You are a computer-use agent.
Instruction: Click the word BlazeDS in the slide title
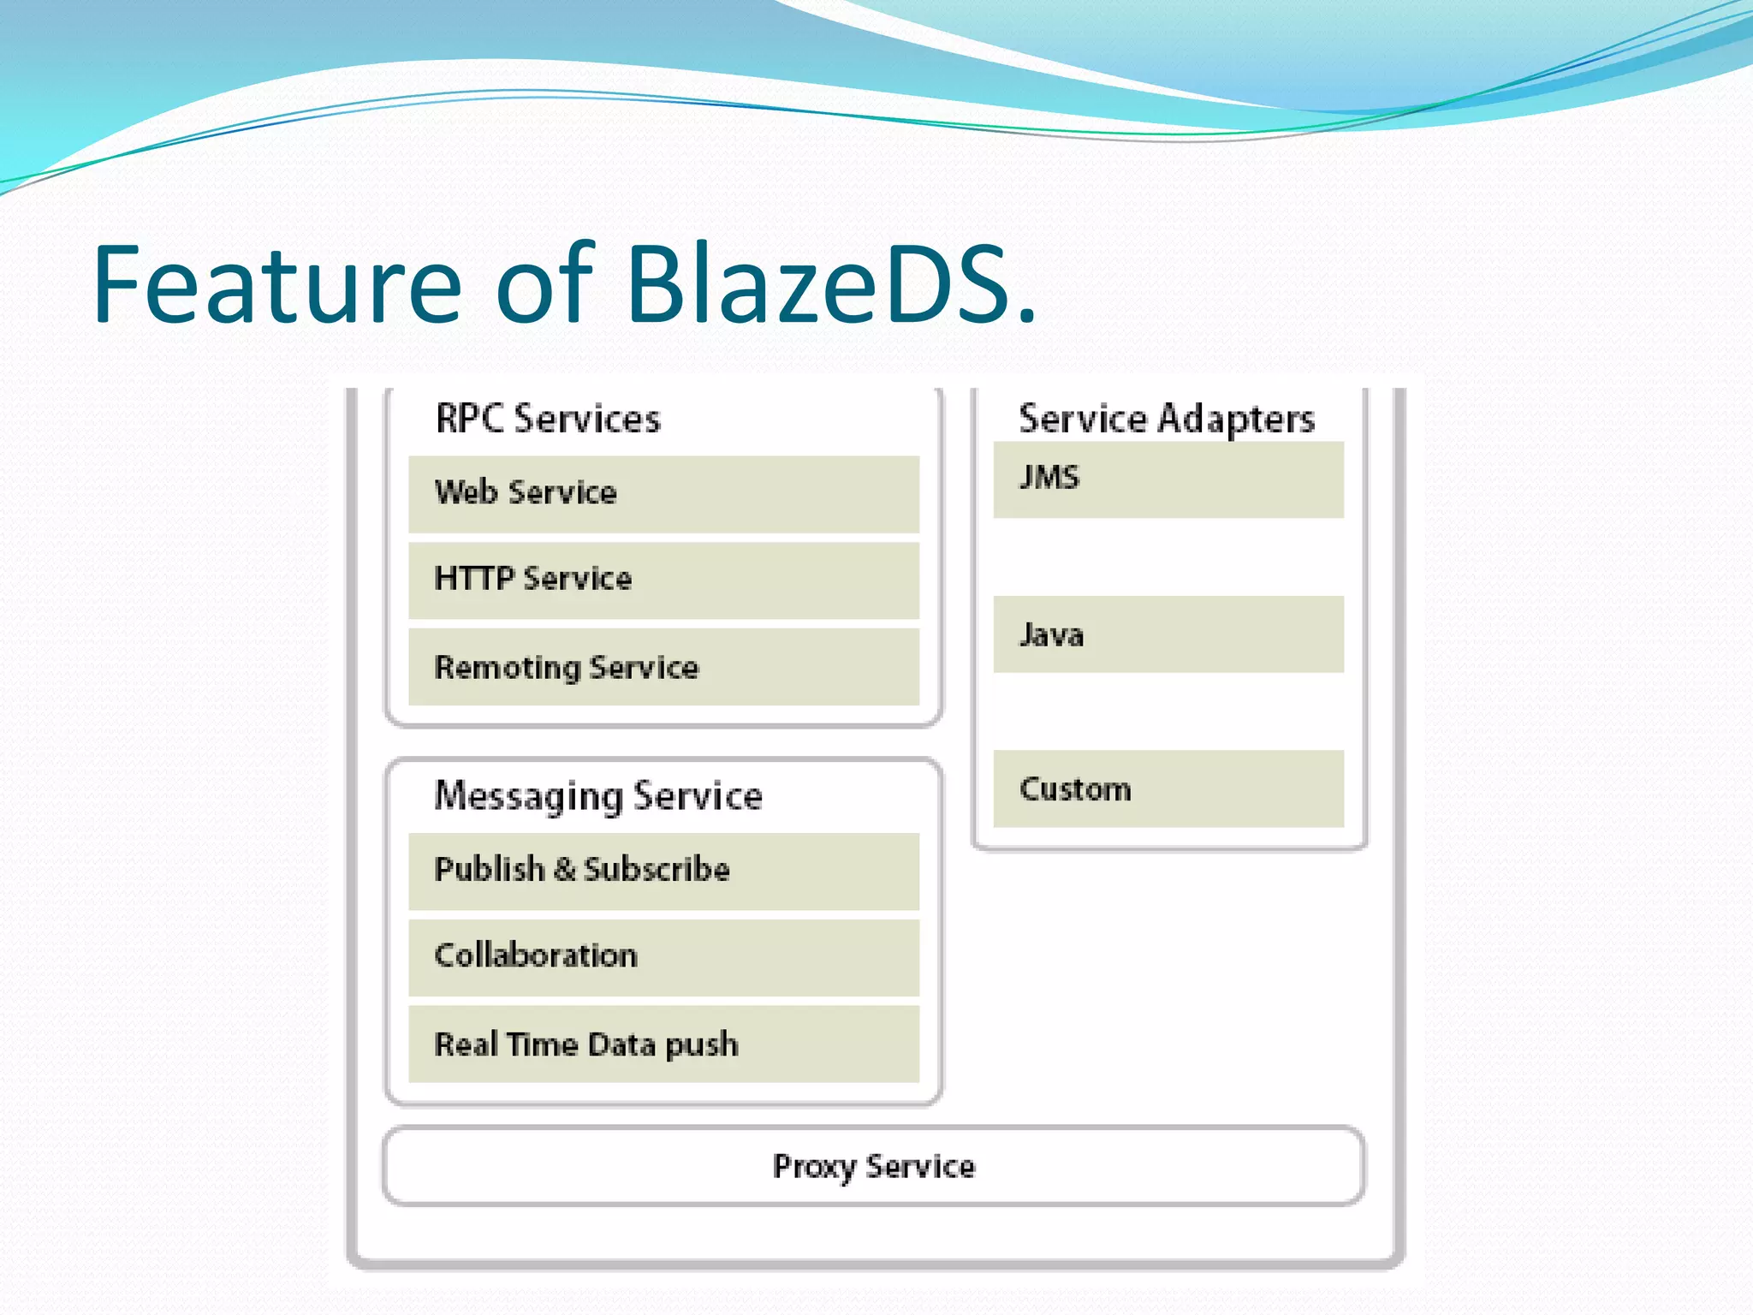[x=830, y=285]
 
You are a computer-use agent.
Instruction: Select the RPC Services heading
[x=548, y=419]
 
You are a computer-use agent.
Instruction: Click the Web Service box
[x=663, y=494]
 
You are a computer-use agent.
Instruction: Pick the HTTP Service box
[x=663, y=580]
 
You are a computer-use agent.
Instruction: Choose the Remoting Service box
[x=663, y=667]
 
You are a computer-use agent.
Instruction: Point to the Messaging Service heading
[x=597, y=796]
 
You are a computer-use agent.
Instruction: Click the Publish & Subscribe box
[x=663, y=871]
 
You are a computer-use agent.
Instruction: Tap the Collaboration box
[x=663, y=956]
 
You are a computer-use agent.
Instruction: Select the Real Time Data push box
[x=663, y=1044]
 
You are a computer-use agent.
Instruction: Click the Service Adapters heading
[x=1166, y=419]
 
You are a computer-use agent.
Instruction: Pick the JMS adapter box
[x=1168, y=479]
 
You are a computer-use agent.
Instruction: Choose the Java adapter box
[x=1168, y=634]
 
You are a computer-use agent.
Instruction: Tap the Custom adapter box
[x=1168, y=788]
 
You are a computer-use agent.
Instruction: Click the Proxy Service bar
[x=873, y=1166]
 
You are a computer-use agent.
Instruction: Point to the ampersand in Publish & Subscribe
[x=564, y=870]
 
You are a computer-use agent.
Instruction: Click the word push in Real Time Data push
[x=701, y=1045]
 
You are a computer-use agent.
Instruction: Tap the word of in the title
[x=544, y=285]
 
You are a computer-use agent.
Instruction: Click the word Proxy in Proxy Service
[x=813, y=1167]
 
